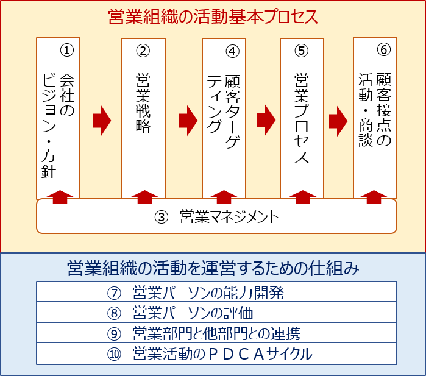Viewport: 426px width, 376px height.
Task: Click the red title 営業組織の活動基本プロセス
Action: pyautogui.click(x=213, y=17)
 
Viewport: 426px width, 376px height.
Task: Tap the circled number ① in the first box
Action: pyautogui.click(x=67, y=50)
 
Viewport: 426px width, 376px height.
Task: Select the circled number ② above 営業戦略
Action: pyautogui.click(x=143, y=51)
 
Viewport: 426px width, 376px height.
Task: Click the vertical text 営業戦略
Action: pyautogui.click(x=143, y=103)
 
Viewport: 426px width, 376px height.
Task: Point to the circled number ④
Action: pyautogui.click(x=233, y=51)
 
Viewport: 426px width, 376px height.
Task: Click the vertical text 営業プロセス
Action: pyautogui.click(x=302, y=118)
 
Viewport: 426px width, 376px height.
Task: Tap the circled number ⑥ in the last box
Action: pyautogui.click(x=383, y=50)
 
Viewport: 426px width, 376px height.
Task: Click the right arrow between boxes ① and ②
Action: pyautogui.click(x=102, y=121)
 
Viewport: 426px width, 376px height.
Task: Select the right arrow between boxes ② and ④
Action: pyautogui.click(x=188, y=121)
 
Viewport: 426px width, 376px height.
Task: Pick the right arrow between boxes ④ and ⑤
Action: pyautogui.click(x=266, y=120)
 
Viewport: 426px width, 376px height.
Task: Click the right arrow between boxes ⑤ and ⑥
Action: pyautogui.click(x=338, y=121)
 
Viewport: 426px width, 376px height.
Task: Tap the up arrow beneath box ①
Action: pyautogui.click(x=60, y=197)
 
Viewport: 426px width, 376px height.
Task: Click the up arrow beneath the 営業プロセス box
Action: pyautogui.click(x=303, y=197)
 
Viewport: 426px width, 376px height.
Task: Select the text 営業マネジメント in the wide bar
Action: pyautogui.click(x=229, y=216)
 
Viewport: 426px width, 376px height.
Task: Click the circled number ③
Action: pyautogui.click(x=162, y=217)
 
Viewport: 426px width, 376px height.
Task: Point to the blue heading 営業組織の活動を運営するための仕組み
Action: pyautogui.click(x=213, y=268)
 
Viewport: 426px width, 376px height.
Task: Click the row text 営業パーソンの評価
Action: pyautogui.click(x=193, y=313)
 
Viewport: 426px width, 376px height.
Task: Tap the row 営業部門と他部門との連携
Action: pyautogui.click(x=216, y=333)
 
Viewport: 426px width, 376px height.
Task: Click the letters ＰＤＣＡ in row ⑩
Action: pyautogui.click(x=236, y=354)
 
